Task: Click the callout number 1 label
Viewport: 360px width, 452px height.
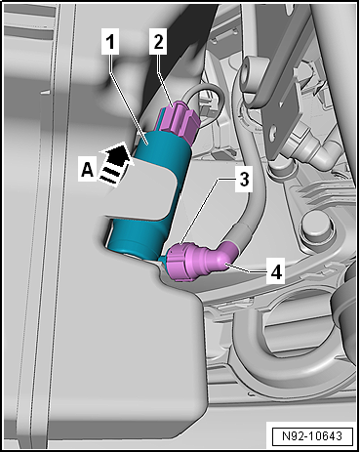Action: [110, 42]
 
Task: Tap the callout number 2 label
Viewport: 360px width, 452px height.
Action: [158, 41]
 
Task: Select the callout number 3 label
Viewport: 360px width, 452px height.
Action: [244, 180]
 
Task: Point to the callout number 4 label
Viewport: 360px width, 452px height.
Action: [276, 270]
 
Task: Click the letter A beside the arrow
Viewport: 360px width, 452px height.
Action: [87, 170]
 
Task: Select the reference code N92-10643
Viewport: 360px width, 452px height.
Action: [312, 436]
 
